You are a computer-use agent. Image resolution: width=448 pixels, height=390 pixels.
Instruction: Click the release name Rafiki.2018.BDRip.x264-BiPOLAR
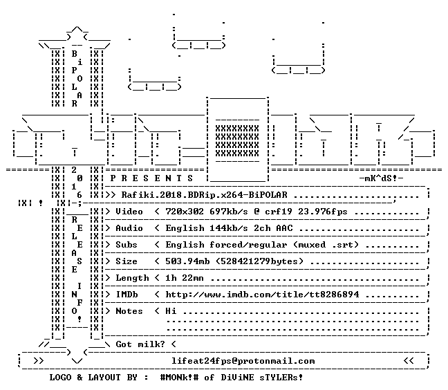tap(204, 195)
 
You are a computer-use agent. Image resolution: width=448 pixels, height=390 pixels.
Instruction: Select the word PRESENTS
tap(151, 178)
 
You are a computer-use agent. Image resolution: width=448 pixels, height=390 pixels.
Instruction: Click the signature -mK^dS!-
tap(381, 178)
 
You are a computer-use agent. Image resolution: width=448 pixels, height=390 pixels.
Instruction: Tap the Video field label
tap(129, 212)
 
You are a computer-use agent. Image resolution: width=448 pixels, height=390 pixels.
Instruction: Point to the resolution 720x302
tap(185, 212)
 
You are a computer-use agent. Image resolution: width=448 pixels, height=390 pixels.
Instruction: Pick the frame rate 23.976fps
tap(323, 212)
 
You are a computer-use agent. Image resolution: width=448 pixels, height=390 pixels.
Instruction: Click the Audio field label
tap(129, 228)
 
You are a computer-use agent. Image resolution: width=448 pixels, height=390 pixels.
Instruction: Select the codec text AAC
tap(285, 228)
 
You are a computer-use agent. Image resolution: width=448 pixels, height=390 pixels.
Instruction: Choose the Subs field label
tap(127, 245)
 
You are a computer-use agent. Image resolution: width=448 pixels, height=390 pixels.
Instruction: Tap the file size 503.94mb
tap(187, 261)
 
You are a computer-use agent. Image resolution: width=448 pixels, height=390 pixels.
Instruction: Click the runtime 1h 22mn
tap(185, 278)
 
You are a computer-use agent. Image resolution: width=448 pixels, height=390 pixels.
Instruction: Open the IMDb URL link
tap(262, 295)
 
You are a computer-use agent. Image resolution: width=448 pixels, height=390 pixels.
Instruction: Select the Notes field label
tap(129, 311)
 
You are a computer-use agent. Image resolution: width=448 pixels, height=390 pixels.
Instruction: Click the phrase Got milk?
tap(140, 344)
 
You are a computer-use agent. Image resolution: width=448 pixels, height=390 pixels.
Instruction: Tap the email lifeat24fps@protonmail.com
tap(243, 361)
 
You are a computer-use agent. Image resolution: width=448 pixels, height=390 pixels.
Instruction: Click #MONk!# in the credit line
tap(180, 377)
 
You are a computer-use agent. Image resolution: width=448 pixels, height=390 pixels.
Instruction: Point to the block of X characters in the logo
tap(237, 140)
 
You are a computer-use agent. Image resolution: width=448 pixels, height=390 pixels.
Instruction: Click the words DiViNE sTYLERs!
tap(262, 377)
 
